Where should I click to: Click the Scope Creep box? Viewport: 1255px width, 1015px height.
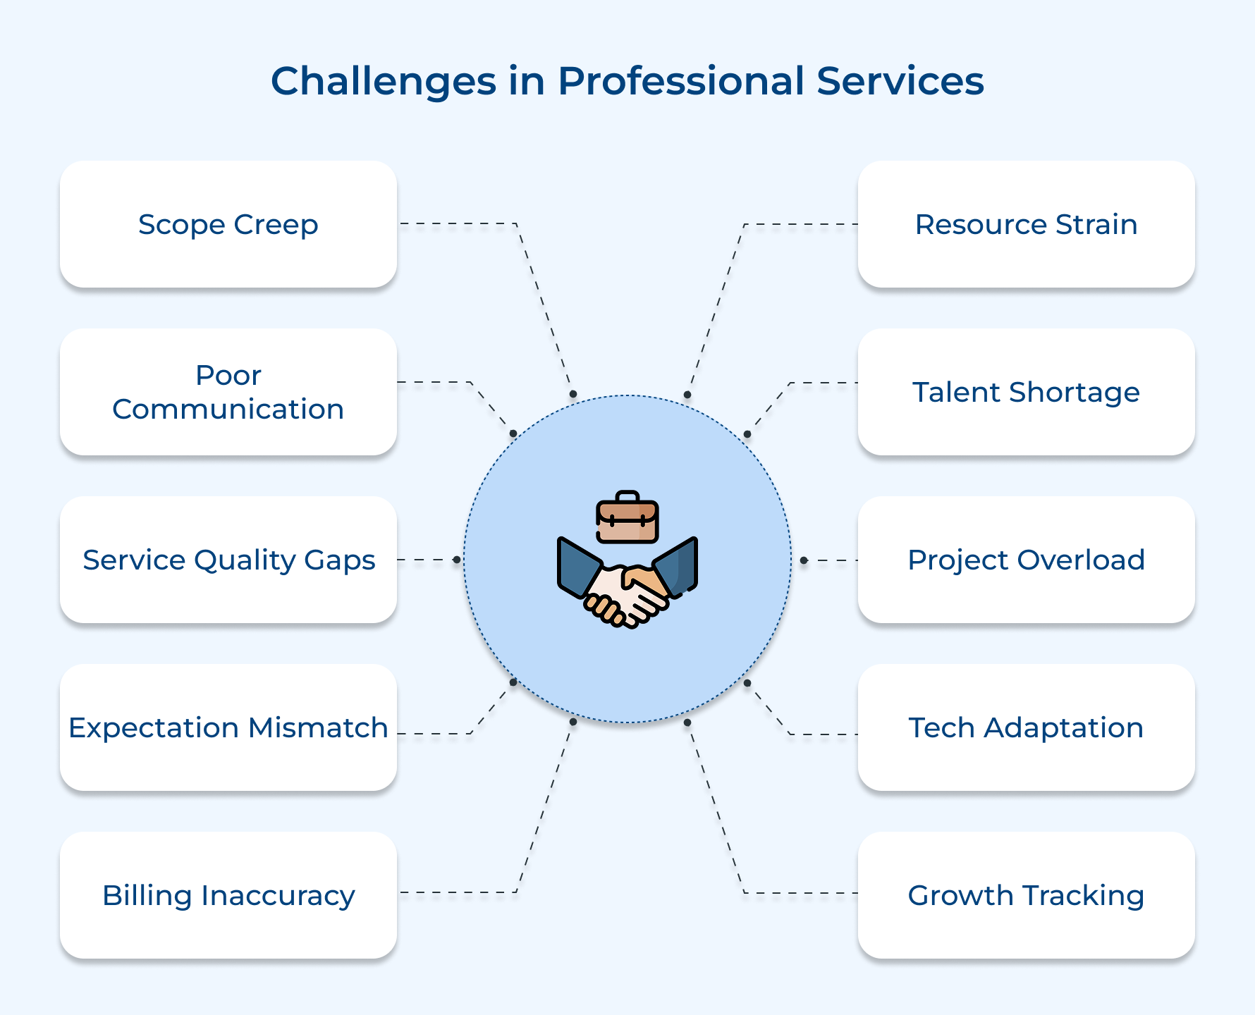pos(228,224)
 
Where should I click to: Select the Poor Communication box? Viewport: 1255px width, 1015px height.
pos(228,392)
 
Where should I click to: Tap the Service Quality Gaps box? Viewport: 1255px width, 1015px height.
pos(228,560)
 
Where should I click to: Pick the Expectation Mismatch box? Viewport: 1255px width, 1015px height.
pos(228,727)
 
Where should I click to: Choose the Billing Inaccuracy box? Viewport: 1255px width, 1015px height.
pos(228,895)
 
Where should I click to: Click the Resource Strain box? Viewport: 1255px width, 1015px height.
pos(1026,224)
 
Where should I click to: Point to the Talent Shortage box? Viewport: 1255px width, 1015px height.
pos(1026,392)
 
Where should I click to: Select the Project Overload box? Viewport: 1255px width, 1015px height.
pos(1026,560)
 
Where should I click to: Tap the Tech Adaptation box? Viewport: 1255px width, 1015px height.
pos(1026,727)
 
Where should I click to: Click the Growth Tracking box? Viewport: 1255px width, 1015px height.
pos(1026,895)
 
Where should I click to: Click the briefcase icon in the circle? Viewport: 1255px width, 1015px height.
pos(627,518)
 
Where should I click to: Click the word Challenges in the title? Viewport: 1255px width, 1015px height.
pos(384,81)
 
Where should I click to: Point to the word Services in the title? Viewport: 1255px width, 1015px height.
pos(900,81)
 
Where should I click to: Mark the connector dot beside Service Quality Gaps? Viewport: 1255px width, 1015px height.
pos(457,560)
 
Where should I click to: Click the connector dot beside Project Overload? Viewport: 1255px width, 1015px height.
pos(803,560)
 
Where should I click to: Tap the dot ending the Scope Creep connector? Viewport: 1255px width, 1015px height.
pos(573,394)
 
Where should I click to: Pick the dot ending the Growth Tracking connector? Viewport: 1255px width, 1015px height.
pos(687,722)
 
